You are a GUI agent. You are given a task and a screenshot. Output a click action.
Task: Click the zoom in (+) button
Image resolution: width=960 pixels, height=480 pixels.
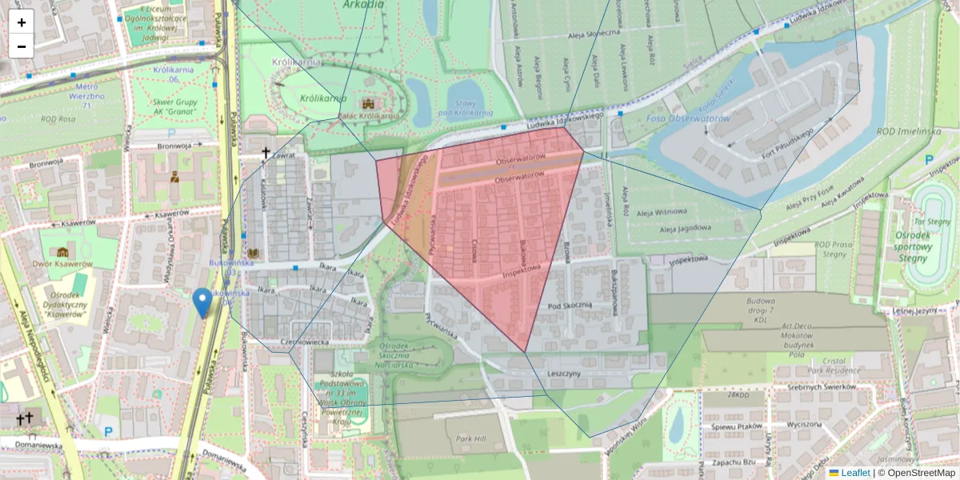pos(22,22)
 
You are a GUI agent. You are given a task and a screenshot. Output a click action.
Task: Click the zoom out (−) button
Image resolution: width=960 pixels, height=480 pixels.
pos(22,46)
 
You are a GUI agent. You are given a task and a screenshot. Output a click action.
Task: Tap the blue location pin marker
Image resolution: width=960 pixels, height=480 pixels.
pos(202,303)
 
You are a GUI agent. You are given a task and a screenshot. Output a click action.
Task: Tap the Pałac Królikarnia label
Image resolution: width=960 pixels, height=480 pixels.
pos(368,115)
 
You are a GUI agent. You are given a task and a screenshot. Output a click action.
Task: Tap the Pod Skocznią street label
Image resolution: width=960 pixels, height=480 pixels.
pos(570,305)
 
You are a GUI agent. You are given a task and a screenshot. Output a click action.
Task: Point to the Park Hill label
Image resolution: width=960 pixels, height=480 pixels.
pos(471,439)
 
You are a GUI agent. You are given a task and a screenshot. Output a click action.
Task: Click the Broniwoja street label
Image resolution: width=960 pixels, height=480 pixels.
pos(174,146)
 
